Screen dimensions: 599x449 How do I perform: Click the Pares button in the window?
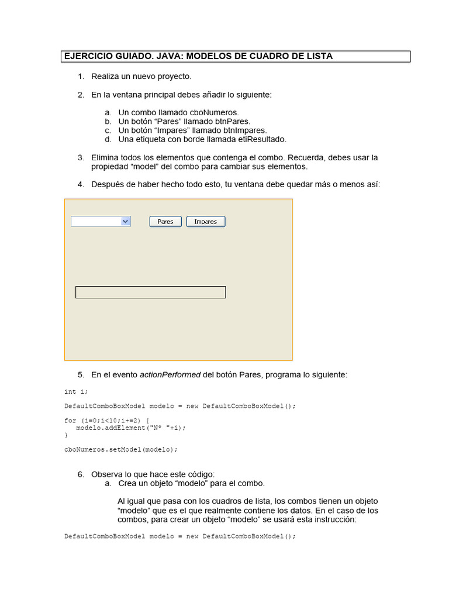[x=165, y=222]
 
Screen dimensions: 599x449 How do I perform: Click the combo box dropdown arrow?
[x=125, y=221]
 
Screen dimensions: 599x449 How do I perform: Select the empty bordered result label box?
[x=151, y=292]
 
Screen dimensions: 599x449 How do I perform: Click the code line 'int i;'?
[x=75, y=391]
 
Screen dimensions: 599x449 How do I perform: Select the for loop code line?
[x=106, y=421]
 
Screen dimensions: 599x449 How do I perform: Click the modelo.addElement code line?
[x=130, y=428]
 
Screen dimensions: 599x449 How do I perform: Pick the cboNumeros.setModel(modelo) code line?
[x=120, y=449]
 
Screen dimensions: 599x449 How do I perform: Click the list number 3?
[x=81, y=158]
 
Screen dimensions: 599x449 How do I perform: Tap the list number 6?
[x=81, y=474]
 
